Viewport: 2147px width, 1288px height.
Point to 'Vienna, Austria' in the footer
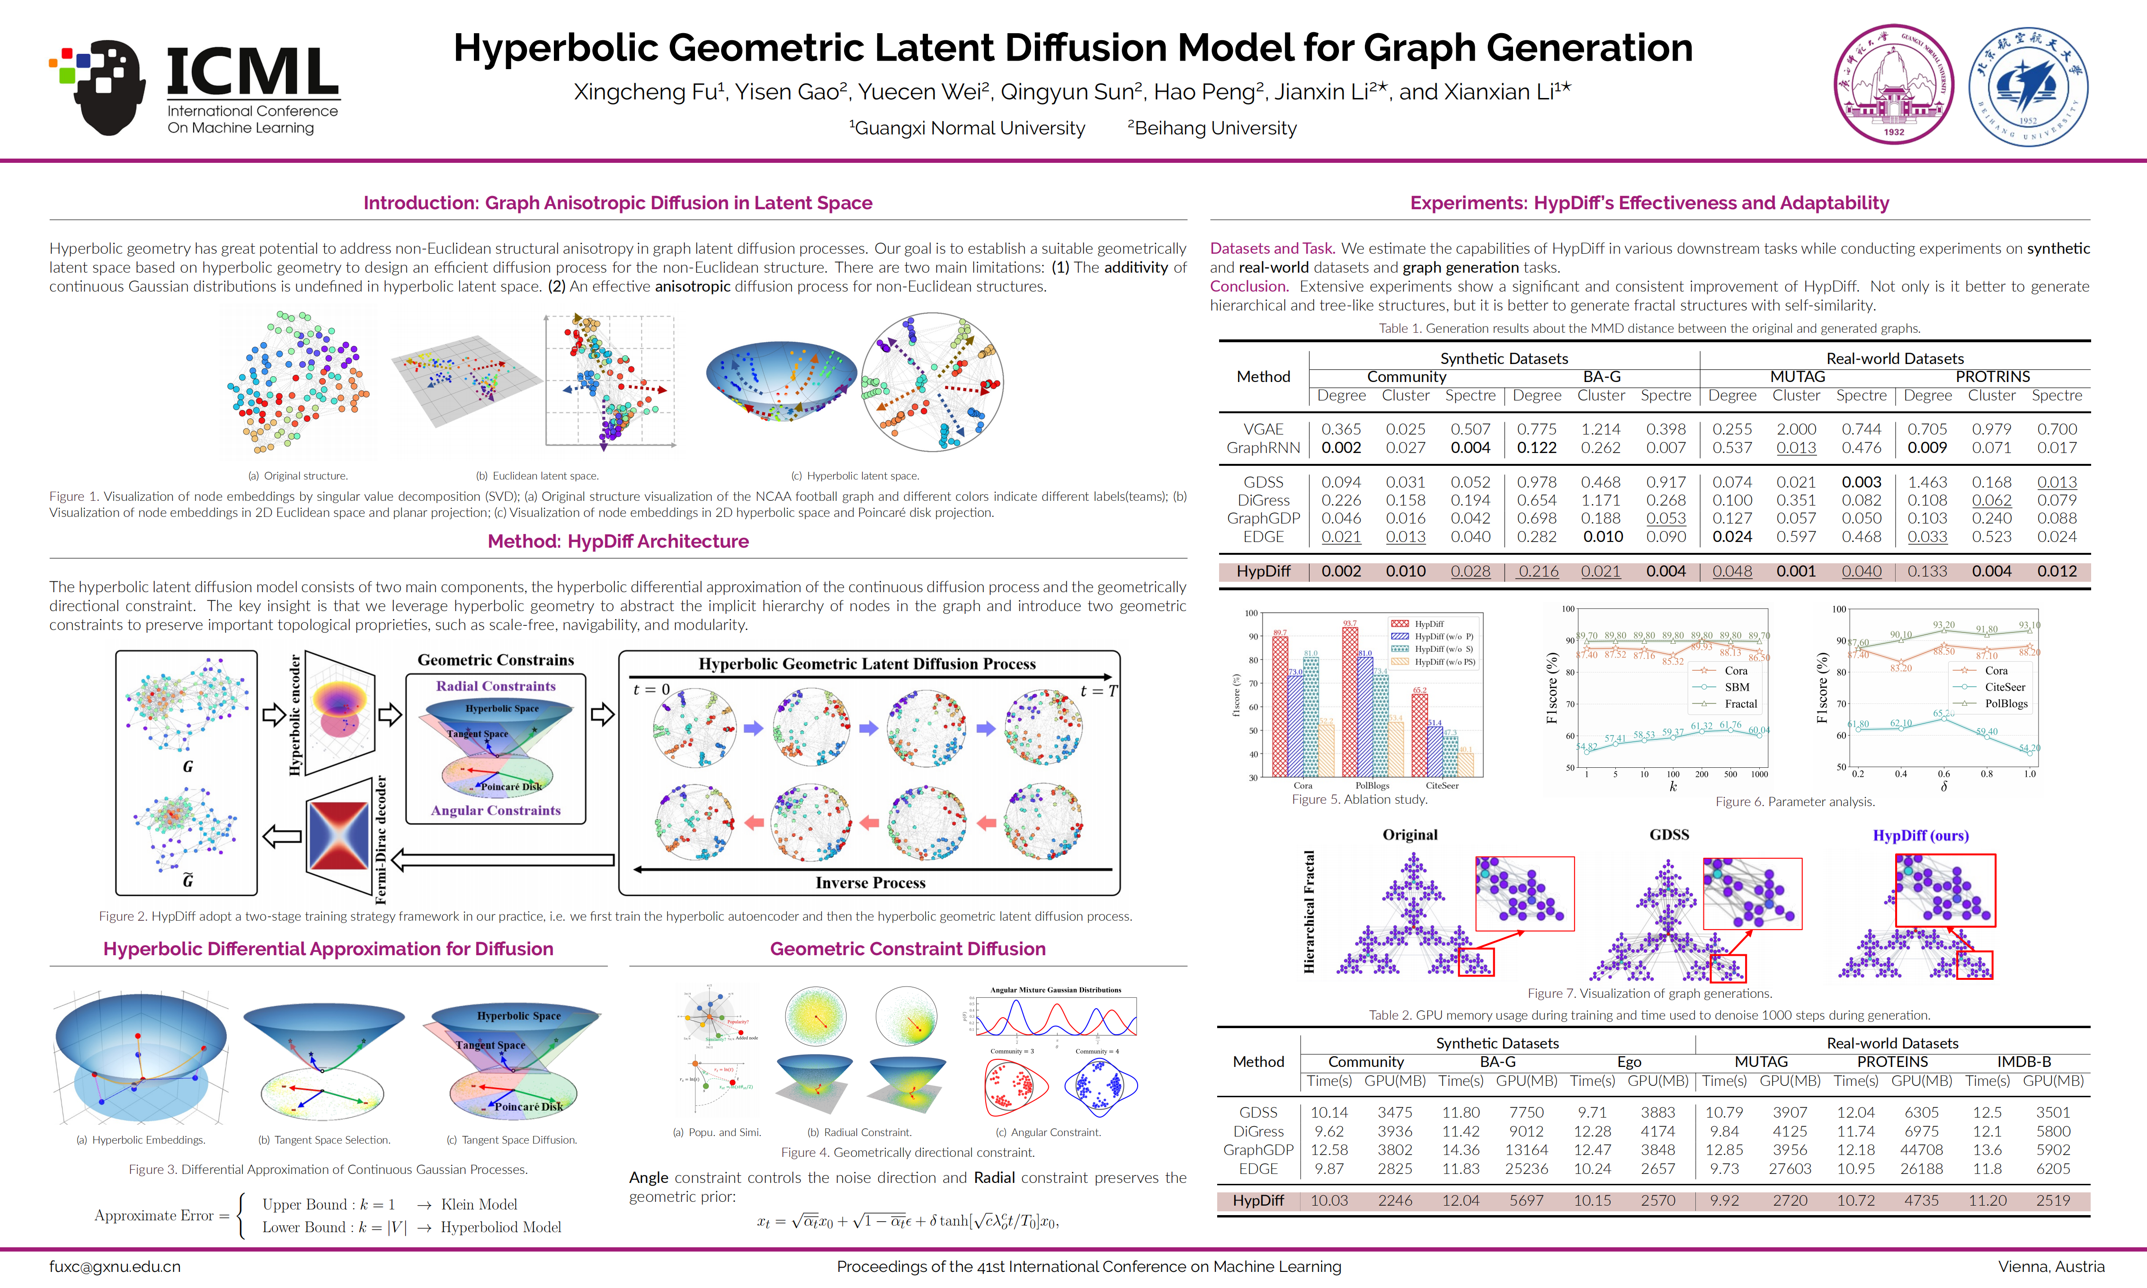[2051, 1266]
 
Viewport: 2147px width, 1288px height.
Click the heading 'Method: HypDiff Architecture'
[618, 541]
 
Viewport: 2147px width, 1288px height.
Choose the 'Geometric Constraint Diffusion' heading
[908, 949]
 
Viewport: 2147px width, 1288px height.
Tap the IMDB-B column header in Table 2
[2024, 1061]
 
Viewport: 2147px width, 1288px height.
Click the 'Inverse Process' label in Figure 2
[871, 883]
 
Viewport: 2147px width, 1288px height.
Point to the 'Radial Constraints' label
[496, 686]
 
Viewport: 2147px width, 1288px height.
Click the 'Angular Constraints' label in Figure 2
[496, 810]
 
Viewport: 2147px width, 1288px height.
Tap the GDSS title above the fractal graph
[1669, 834]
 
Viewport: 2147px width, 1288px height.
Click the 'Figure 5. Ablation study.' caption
[1359, 799]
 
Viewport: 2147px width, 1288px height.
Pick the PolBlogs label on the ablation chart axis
[1372, 785]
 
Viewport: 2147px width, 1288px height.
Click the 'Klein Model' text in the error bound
[479, 1204]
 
